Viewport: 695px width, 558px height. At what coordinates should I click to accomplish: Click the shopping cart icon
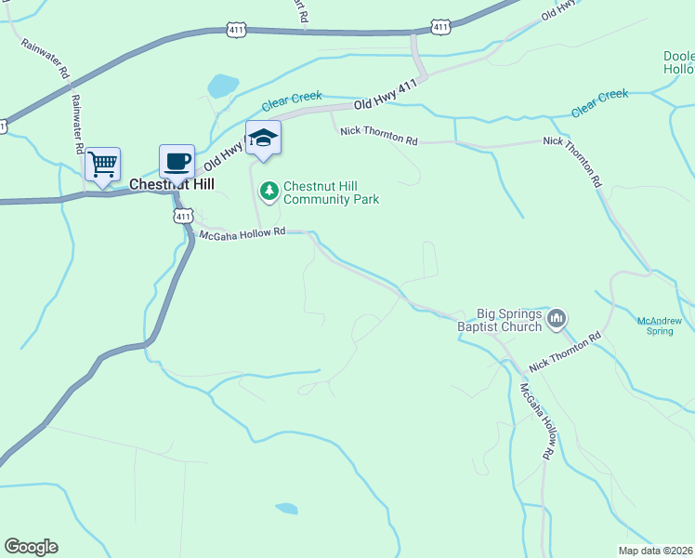[102, 165]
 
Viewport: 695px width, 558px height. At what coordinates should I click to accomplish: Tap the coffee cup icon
[177, 161]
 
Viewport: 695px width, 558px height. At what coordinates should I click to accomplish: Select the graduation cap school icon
[263, 139]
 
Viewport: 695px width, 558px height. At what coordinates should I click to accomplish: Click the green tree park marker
[269, 191]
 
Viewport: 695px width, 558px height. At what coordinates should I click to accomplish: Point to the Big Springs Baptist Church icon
[557, 319]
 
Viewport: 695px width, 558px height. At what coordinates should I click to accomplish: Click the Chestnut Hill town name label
[172, 184]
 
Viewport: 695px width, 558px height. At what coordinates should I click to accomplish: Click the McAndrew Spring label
[659, 325]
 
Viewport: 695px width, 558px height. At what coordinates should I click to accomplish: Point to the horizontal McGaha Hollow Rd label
[241, 234]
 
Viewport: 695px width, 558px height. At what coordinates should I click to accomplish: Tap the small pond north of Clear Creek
[223, 86]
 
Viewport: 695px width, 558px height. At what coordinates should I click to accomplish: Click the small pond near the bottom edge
[287, 509]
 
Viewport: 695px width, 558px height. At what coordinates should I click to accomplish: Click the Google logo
[31, 547]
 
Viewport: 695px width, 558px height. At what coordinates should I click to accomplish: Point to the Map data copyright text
[655, 550]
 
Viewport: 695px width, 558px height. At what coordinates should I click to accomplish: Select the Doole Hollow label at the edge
[678, 62]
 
